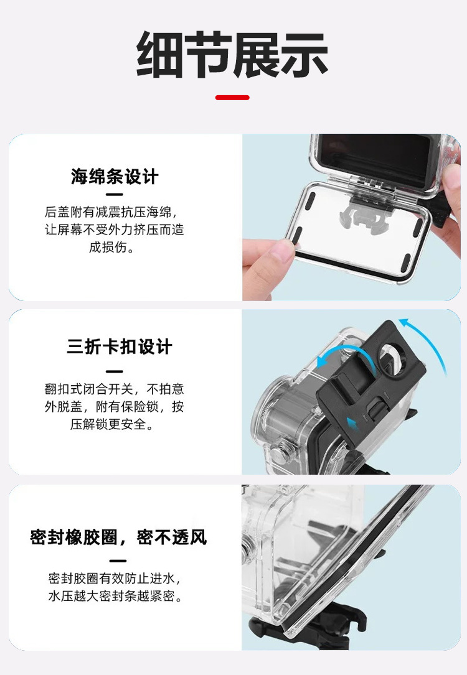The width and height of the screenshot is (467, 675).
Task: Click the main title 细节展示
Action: click(x=232, y=54)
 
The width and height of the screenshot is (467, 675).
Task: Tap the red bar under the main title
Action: click(x=232, y=98)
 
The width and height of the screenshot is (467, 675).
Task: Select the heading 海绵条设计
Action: click(x=115, y=177)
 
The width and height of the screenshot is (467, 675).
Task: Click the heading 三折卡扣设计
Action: click(x=120, y=347)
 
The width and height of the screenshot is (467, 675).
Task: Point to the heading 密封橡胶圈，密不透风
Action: click(x=118, y=537)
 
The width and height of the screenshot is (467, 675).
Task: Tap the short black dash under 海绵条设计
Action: click(x=114, y=195)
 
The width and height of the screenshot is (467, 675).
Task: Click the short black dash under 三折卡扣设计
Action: click(x=114, y=371)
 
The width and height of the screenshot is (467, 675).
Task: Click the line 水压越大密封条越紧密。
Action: click(x=115, y=596)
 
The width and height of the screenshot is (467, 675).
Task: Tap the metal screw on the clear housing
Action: click(x=278, y=452)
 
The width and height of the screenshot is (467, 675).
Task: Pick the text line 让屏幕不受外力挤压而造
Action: click(x=114, y=230)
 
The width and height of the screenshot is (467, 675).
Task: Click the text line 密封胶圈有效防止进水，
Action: click(x=115, y=578)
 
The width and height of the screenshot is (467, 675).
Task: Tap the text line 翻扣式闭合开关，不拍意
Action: click(x=114, y=389)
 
